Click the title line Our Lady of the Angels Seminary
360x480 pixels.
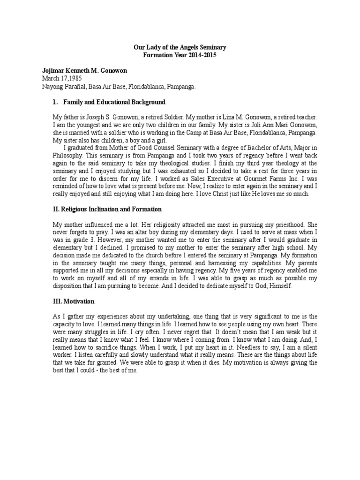coord(180,47)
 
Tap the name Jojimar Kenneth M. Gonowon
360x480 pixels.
coord(84,71)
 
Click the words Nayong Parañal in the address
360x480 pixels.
coord(62,87)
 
